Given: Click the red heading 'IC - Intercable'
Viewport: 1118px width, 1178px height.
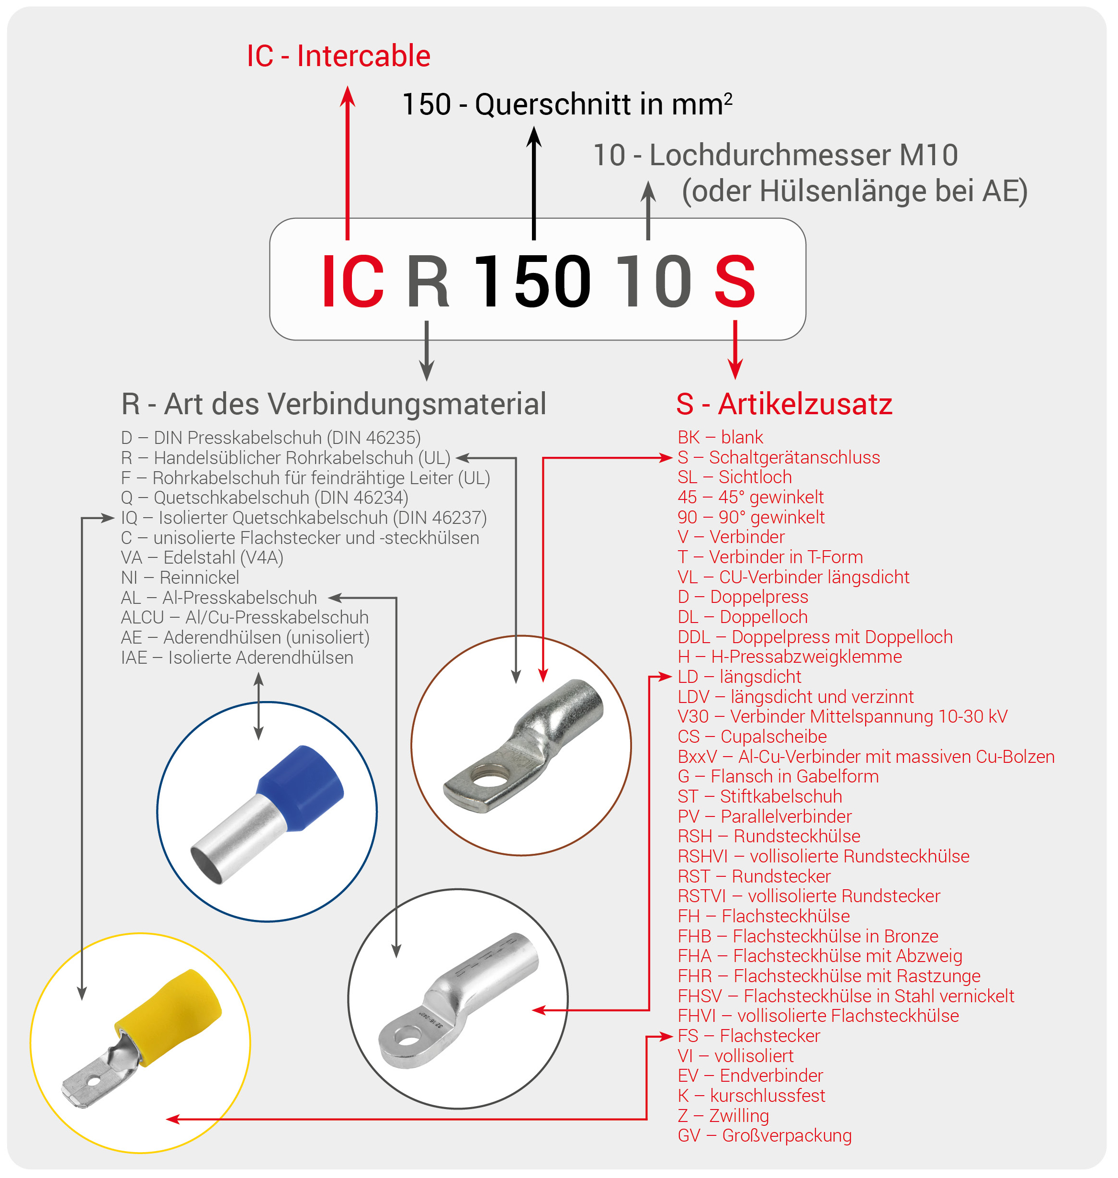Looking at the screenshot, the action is point(339,56).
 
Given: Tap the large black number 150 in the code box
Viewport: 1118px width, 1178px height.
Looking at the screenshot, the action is point(532,281).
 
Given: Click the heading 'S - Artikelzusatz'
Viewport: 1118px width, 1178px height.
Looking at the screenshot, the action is point(784,404).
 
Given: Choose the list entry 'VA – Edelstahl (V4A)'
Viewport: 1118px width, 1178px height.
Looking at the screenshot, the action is point(202,558).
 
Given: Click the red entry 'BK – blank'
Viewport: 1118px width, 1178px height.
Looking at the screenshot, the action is point(720,438).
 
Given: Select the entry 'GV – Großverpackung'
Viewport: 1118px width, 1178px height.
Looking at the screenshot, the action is point(765,1136).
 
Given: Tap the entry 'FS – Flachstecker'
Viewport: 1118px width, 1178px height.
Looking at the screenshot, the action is point(748,1036).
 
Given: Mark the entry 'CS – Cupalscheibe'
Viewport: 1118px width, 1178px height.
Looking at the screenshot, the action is point(752,737).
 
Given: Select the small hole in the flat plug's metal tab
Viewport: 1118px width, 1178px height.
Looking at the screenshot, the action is point(93,1081).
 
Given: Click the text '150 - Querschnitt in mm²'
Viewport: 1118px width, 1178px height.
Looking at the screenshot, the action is point(567,105).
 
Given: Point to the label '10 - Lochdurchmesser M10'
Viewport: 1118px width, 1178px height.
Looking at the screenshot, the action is point(775,156).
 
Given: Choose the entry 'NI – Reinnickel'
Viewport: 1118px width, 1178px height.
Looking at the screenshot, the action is point(180,578).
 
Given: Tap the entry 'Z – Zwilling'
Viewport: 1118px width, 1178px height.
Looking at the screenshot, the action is point(723,1115).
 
